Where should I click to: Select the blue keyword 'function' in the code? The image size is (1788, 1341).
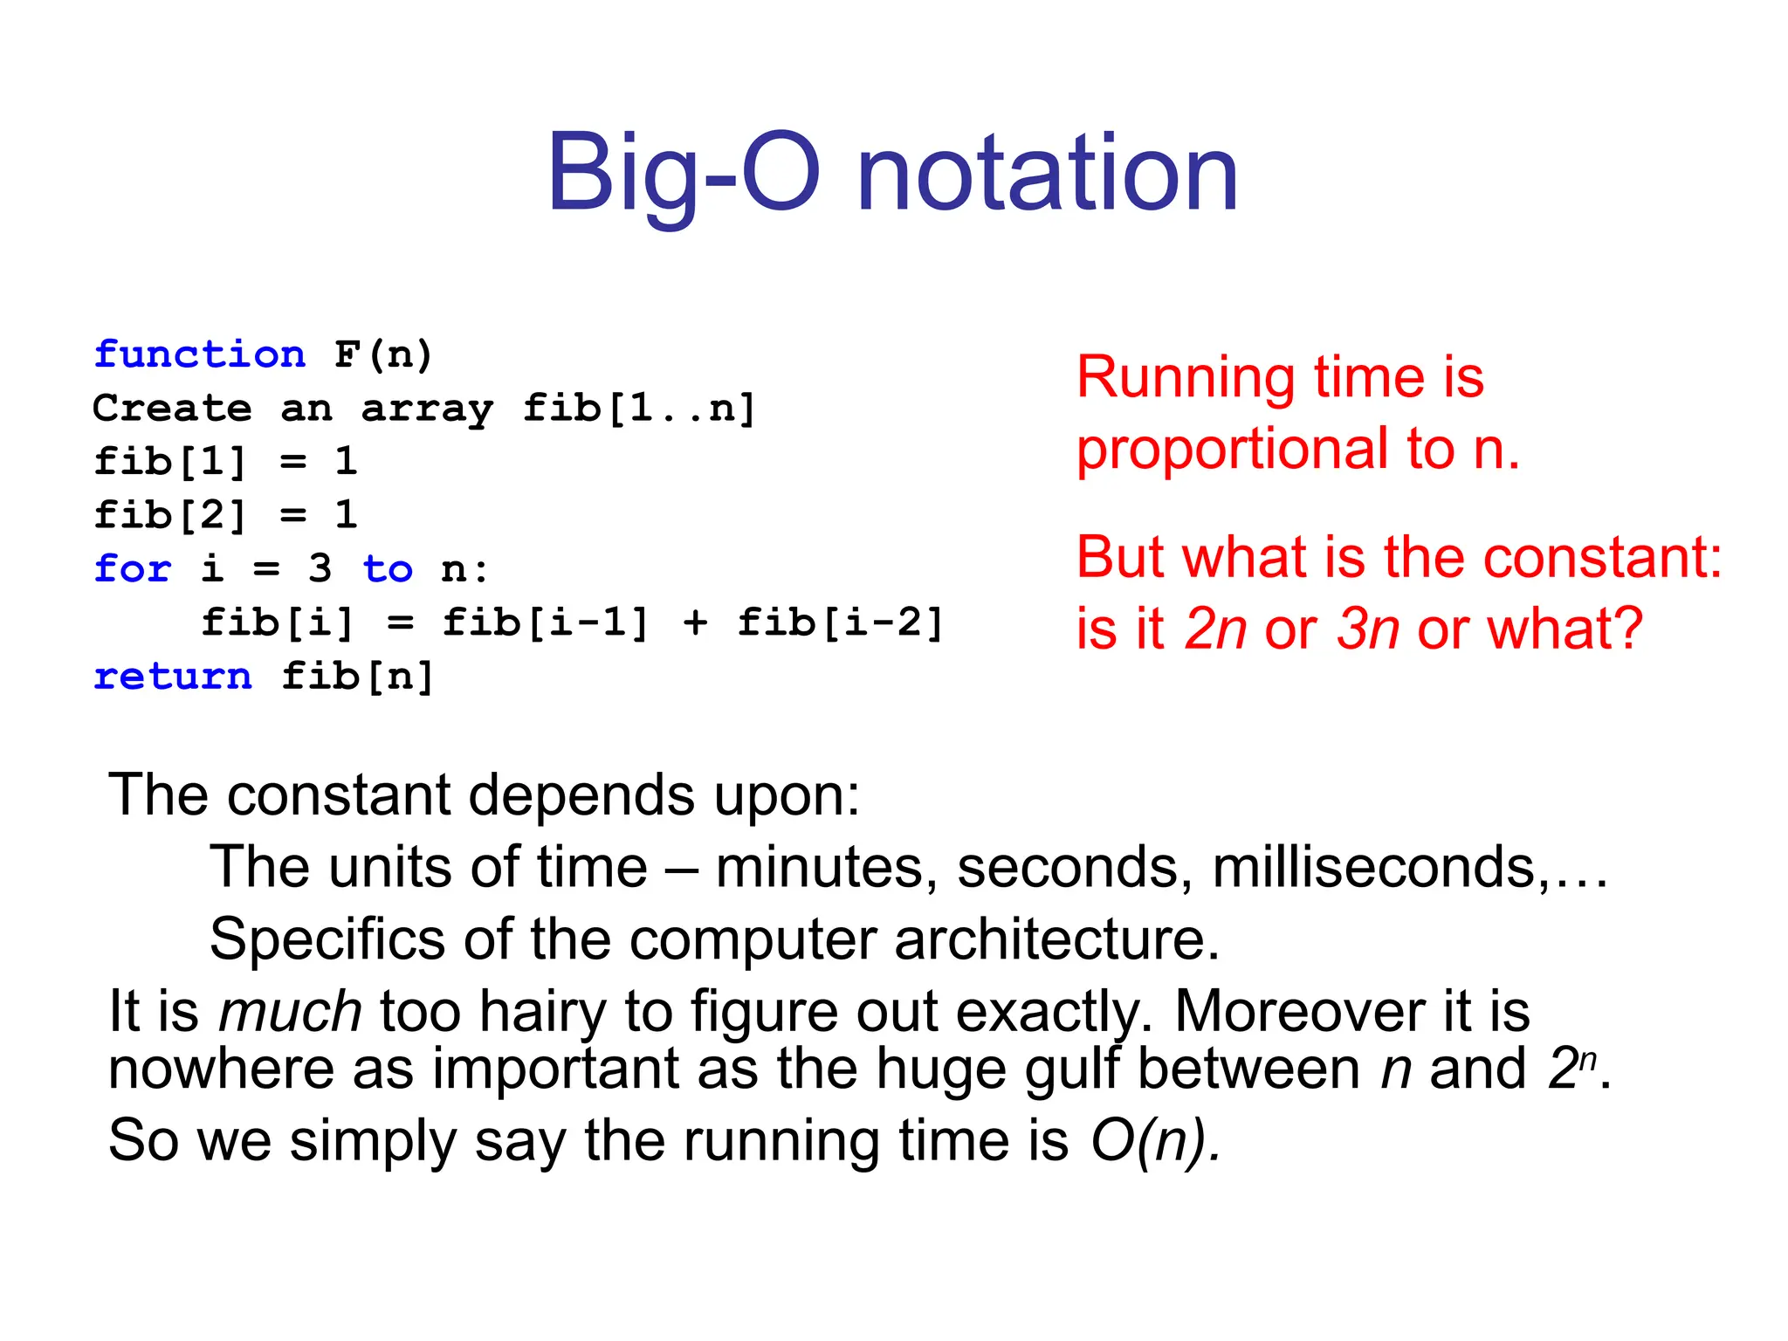pyautogui.click(x=200, y=354)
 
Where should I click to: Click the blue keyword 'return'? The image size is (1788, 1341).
pyautogui.click(x=173, y=677)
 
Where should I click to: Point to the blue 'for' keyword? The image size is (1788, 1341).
pyautogui.click(x=133, y=569)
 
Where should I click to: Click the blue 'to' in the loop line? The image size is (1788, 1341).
pyautogui.click(x=388, y=569)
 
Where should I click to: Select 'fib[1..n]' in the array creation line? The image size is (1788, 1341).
pyautogui.click(x=638, y=409)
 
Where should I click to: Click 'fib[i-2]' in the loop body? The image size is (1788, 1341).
pyautogui.click(x=840, y=623)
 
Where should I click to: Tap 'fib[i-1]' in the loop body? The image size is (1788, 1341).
pyautogui.click(x=546, y=623)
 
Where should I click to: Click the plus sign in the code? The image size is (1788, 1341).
pyautogui.click(x=695, y=623)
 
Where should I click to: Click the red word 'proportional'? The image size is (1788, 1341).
pyautogui.click(x=1231, y=450)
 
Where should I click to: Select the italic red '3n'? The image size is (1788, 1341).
pyautogui.click(x=1367, y=629)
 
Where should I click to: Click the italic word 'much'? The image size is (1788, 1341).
pyautogui.click(x=290, y=1012)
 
